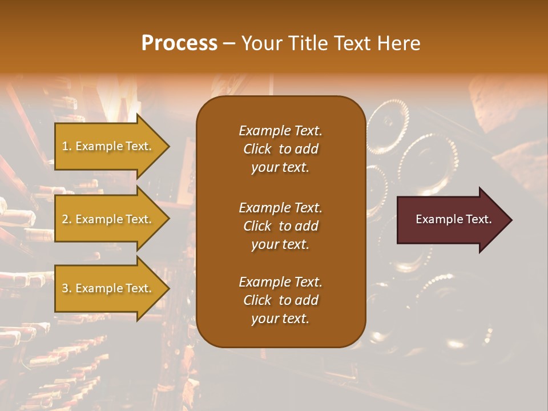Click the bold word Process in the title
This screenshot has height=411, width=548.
pos(179,43)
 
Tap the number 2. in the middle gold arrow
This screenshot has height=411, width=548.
pos(66,219)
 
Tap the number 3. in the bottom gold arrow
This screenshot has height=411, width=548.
pos(66,288)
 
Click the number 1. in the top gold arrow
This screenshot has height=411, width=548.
pos(66,146)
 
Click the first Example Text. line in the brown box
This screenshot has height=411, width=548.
pos(280,131)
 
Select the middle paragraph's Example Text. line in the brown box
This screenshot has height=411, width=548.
pos(280,208)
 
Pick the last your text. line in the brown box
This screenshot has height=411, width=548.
pos(280,319)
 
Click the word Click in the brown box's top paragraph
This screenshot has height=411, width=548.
pos(257,149)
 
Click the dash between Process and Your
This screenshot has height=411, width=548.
pos(229,43)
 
